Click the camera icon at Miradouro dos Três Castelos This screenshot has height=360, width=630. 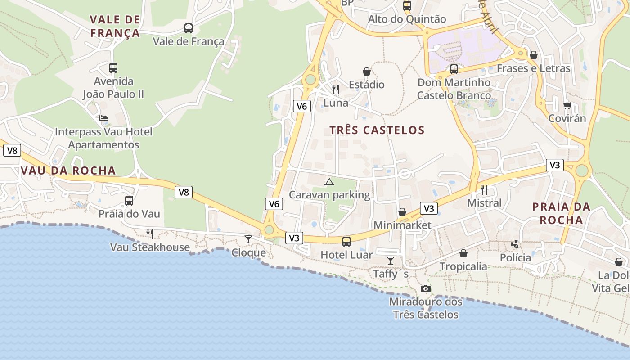[425, 288]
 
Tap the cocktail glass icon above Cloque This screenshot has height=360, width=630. [248, 239]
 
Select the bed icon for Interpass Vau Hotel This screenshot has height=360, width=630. [103, 119]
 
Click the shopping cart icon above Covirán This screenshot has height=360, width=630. [567, 105]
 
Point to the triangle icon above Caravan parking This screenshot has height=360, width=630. [329, 182]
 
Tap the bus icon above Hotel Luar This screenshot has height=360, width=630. [346, 242]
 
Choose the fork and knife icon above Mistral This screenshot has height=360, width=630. [484, 189]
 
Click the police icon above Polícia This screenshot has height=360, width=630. [515, 244]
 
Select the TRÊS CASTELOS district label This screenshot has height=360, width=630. [377, 130]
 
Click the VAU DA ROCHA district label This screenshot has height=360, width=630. [68, 171]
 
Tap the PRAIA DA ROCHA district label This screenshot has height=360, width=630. [561, 213]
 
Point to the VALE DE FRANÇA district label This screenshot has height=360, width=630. [115, 26]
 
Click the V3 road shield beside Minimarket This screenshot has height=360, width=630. [429, 208]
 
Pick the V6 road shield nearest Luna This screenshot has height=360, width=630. [302, 106]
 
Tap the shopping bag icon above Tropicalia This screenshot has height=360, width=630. [463, 253]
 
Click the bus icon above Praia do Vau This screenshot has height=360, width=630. [129, 201]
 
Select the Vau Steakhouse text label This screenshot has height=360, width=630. [150, 247]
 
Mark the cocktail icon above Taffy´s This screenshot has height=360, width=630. [391, 261]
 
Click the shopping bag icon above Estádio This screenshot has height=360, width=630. [367, 72]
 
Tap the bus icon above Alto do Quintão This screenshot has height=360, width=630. [407, 6]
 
